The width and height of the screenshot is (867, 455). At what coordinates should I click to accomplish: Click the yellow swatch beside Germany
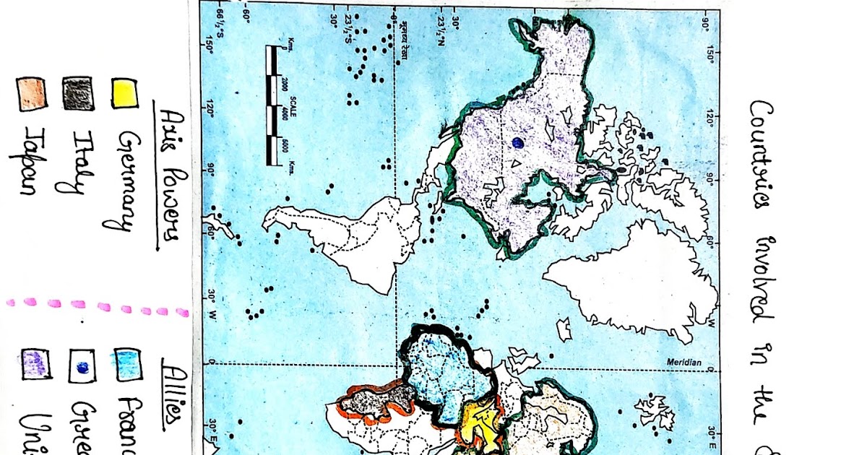click(x=125, y=92)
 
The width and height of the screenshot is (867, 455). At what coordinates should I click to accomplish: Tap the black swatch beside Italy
click(x=77, y=92)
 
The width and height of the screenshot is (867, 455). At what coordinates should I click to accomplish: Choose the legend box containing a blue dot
click(x=81, y=367)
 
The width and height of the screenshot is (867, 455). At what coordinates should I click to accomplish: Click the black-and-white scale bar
click(x=273, y=105)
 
